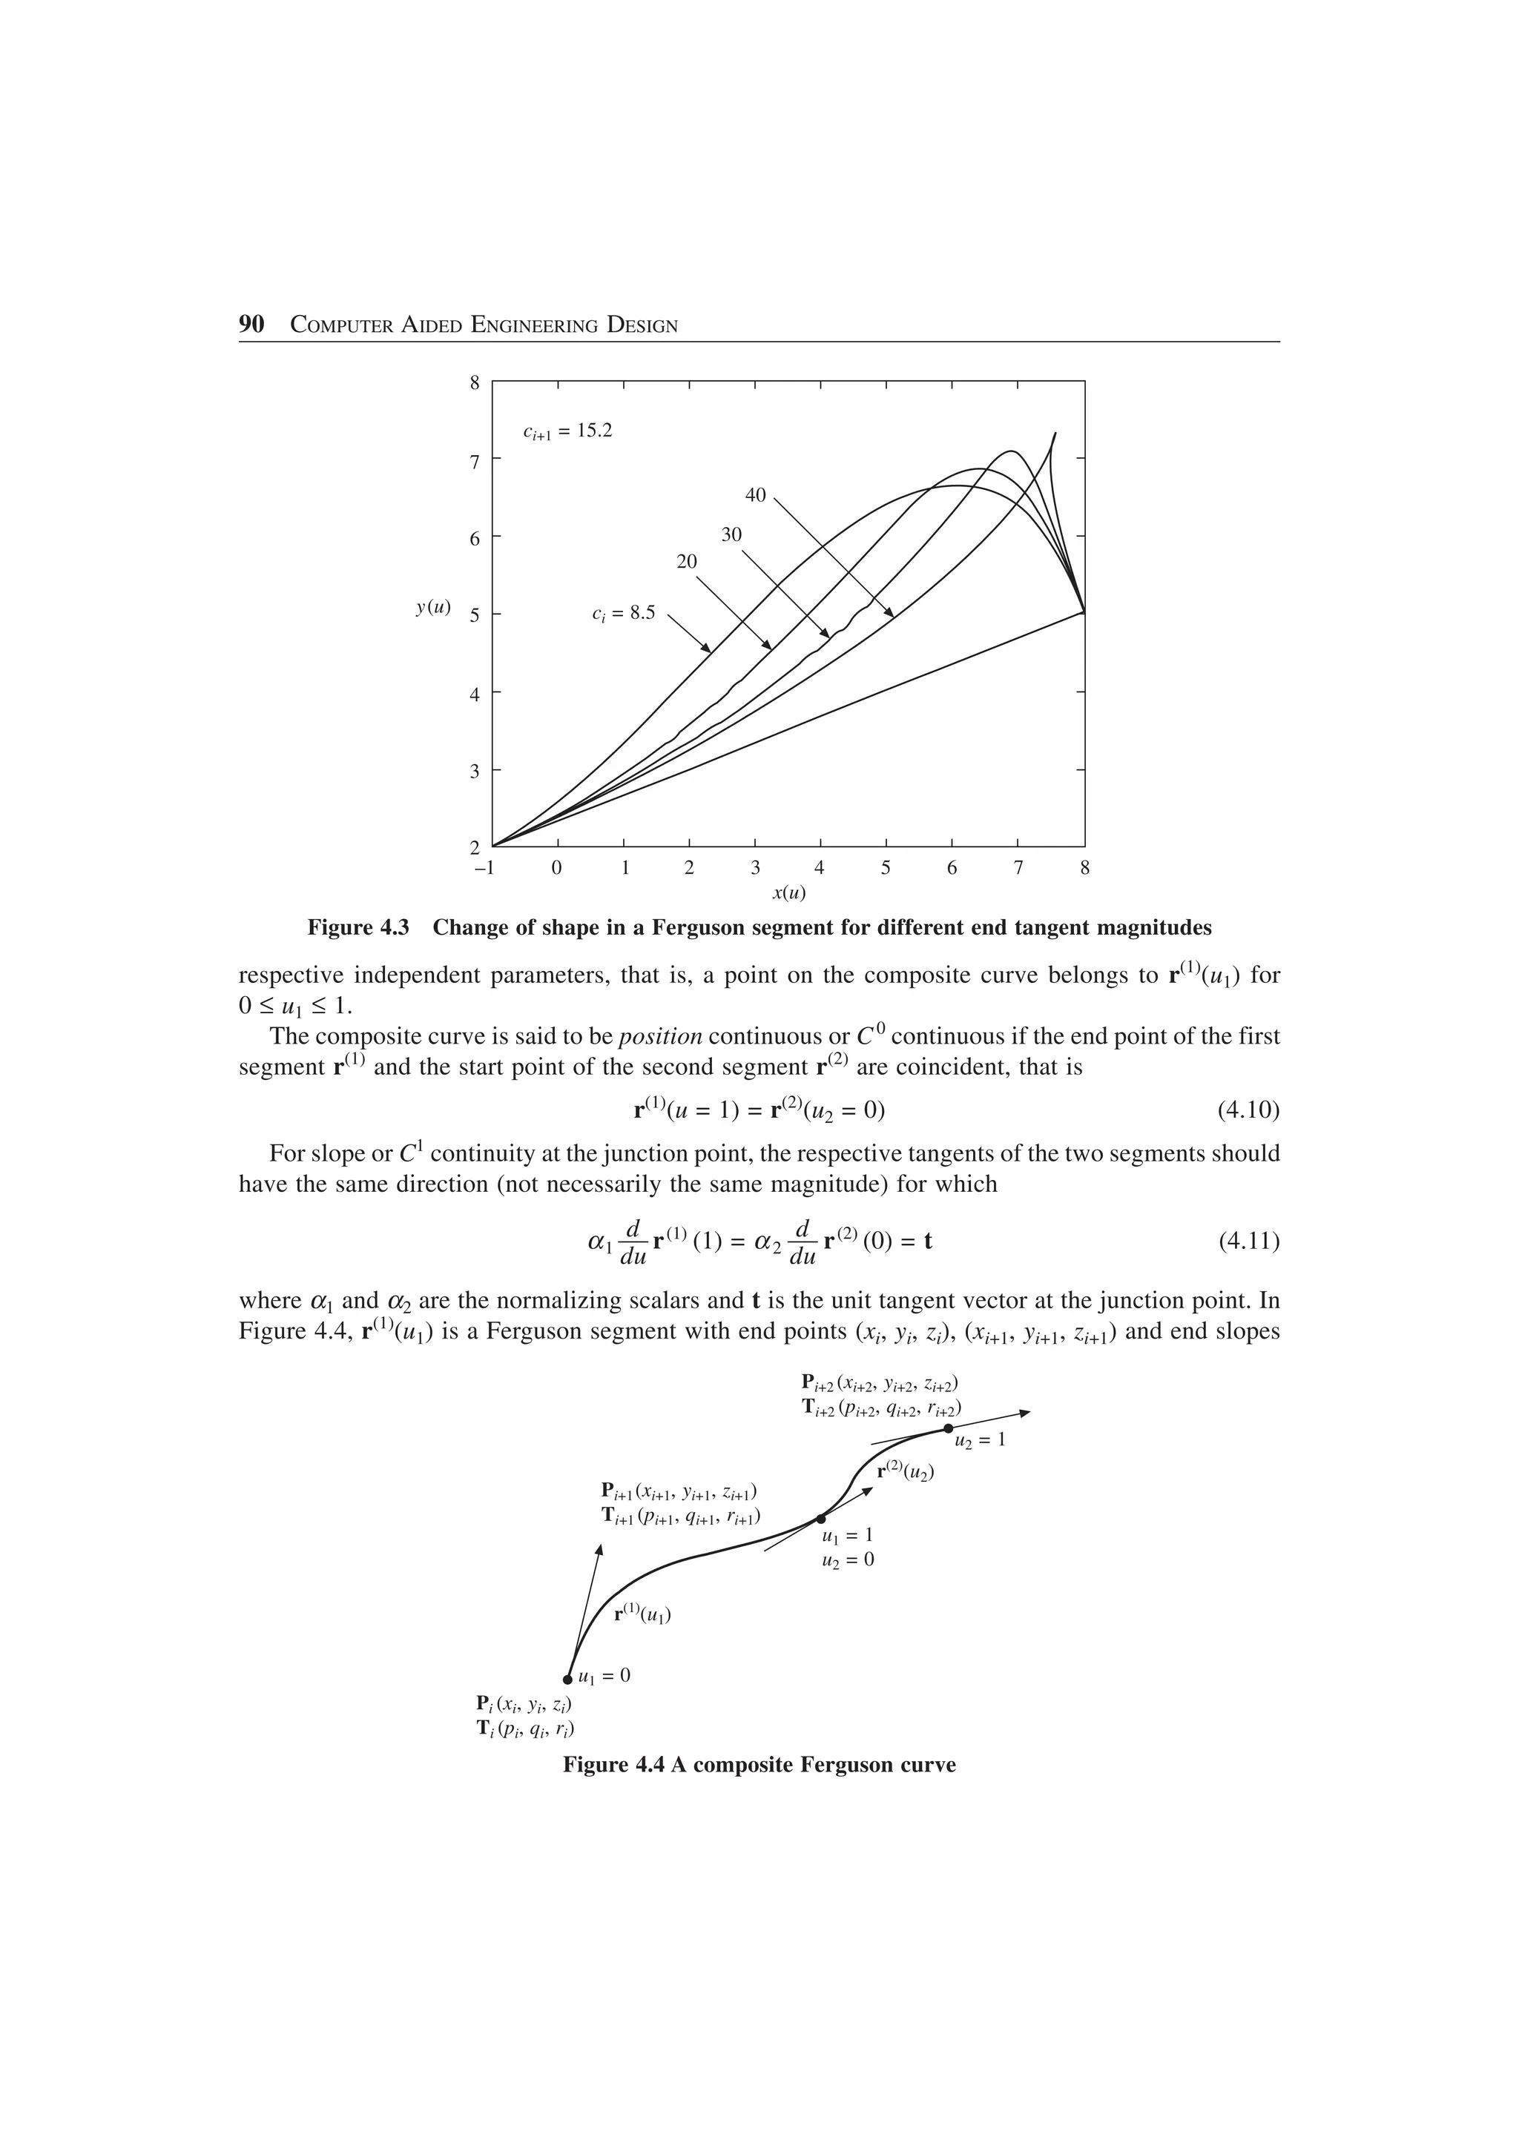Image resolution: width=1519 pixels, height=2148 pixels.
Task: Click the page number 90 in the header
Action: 251,325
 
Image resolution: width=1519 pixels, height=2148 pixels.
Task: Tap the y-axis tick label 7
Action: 474,460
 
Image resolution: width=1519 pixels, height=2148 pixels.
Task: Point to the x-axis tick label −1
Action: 484,867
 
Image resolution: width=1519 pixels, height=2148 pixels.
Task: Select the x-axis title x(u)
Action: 788,892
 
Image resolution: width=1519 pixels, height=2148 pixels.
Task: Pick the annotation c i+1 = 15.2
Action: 567,431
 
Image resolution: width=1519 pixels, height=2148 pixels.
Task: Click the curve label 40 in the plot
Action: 755,495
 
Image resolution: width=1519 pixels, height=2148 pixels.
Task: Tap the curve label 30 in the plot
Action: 731,534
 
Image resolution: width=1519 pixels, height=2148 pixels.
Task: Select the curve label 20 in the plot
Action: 687,561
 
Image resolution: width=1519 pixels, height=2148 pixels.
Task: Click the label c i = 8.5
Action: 623,614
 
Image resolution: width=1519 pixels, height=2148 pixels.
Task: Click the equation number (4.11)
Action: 1248,1242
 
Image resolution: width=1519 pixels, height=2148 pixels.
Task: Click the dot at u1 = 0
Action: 568,1678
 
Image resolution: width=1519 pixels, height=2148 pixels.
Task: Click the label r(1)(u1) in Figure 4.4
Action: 642,1613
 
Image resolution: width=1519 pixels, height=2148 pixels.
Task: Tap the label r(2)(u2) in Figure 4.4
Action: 905,1471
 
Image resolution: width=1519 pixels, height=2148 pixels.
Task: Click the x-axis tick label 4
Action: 820,867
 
